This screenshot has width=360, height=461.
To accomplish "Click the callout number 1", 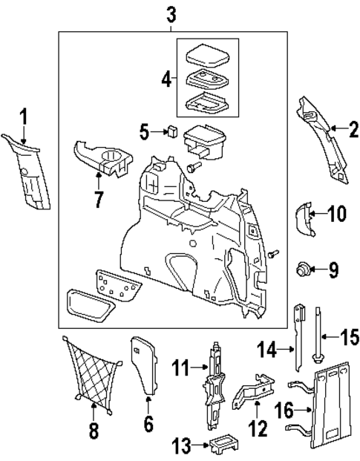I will coord(23,117).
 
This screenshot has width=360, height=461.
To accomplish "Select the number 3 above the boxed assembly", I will coord(171,13).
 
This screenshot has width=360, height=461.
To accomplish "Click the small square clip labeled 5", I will coord(171,132).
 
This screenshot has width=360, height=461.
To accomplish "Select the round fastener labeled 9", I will coord(303,268).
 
